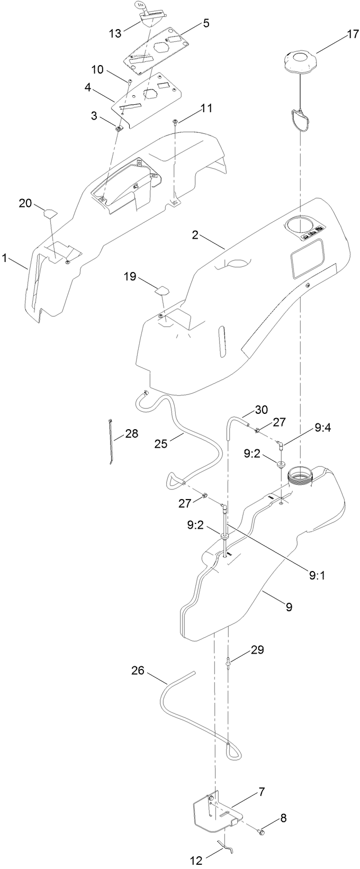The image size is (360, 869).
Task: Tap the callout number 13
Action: [115, 33]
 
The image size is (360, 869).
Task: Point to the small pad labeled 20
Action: [49, 213]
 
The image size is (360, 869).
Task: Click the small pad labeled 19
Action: [161, 289]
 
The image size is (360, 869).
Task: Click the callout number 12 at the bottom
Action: [196, 861]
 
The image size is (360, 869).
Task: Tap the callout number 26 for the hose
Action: [138, 671]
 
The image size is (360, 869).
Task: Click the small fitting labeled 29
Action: [228, 661]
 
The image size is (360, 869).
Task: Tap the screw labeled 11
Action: [175, 122]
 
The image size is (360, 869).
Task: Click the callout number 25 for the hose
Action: [161, 443]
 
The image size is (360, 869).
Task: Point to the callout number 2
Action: [195, 235]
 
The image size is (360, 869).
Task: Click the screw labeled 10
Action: [129, 81]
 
